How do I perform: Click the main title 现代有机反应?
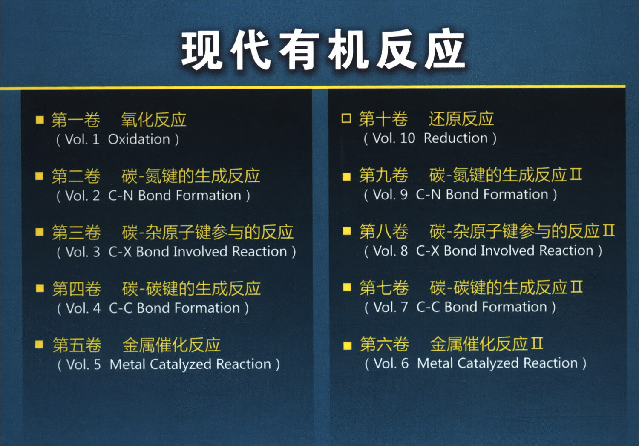323,50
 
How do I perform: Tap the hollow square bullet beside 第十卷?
346,118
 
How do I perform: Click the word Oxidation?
139,139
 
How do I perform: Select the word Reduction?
455,138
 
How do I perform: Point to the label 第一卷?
76,120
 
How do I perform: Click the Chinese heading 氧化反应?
154,120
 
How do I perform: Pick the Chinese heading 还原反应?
461,119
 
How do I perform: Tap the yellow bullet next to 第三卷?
40,232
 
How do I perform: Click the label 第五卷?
77,345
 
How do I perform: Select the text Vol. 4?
83,308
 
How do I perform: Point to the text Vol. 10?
394,138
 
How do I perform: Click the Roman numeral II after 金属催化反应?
537,343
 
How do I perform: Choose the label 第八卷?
383,231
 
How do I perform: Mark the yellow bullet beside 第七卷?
347,288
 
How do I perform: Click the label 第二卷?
76,176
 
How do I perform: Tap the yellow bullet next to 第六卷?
348,345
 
